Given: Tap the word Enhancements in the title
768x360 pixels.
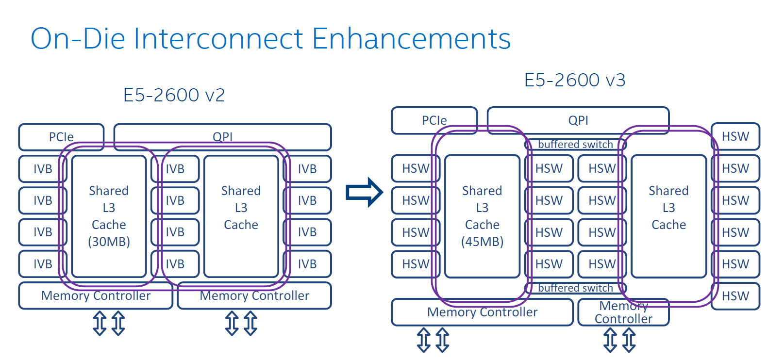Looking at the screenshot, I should [x=411, y=39].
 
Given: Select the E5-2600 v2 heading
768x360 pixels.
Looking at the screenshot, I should [x=174, y=95].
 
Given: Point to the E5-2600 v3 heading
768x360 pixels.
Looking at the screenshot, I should [x=575, y=80].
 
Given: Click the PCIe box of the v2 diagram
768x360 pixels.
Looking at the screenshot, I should [x=61, y=136].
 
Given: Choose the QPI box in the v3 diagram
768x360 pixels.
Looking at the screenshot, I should [x=578, y=120].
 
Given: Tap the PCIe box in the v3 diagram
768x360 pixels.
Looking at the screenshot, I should [x=434, y=120].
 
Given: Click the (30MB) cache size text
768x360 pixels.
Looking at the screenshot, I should [x=109, y=242].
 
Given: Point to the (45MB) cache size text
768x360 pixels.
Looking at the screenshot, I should [x=482, y=242].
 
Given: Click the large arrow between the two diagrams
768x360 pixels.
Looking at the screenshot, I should [x=364, y=192].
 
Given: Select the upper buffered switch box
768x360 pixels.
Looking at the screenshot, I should [x=575, y=144].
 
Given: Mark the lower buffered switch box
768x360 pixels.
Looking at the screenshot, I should [x=575, y=288].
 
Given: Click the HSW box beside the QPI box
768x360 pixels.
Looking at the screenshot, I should [x=735, y=136].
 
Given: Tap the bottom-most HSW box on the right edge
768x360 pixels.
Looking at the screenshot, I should [x=735, y=296].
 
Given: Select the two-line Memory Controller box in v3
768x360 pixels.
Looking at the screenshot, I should [x=623, y=312].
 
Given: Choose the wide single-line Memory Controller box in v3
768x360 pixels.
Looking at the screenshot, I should [x=482, y=312].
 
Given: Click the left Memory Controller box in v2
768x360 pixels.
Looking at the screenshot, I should [x=96, y=296].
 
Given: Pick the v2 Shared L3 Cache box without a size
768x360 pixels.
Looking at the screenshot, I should [x=241, y=216].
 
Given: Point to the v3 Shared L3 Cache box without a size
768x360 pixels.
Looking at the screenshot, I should [x=668, y=216].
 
